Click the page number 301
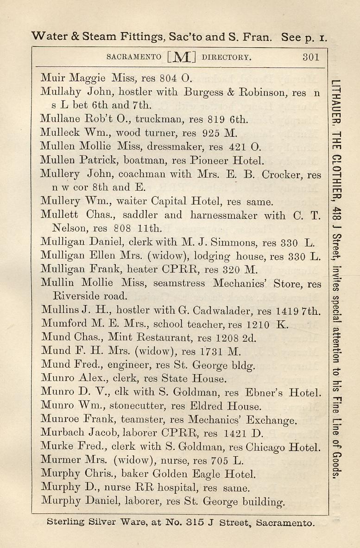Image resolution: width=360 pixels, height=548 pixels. tap(311, 57)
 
